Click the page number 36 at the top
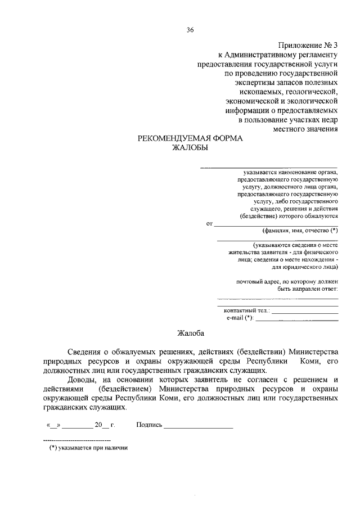(190, 30)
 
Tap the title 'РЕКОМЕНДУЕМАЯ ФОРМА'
(190, 138)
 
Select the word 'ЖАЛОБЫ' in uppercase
(190, 148)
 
